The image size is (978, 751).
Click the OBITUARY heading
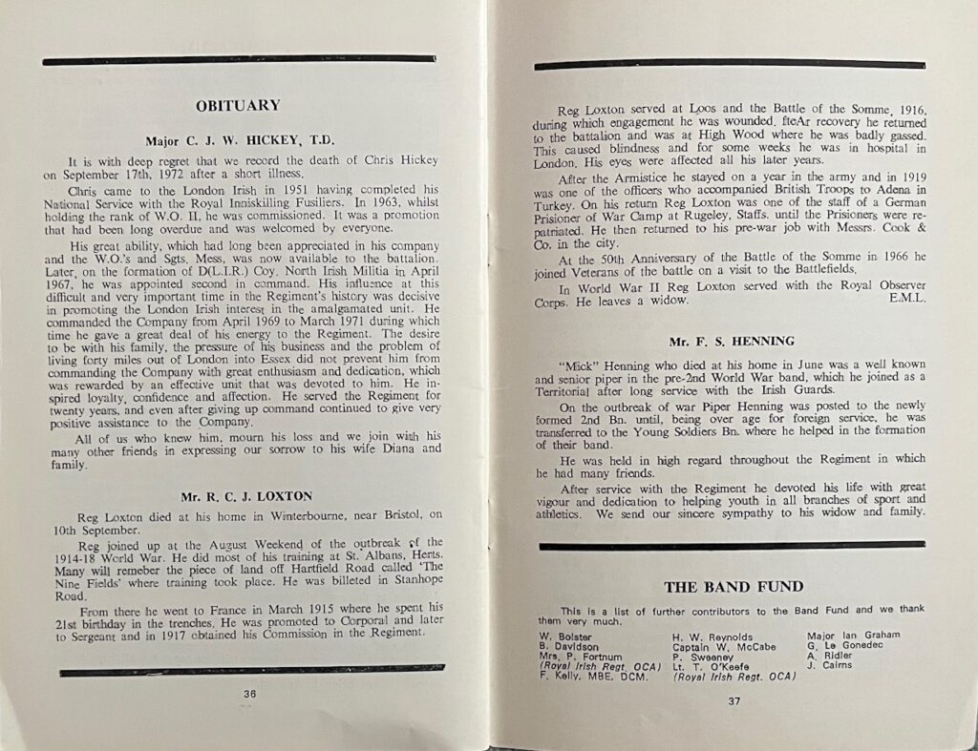pos(238,106)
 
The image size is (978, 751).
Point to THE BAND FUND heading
pos(733,587)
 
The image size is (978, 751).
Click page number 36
pos(249,694)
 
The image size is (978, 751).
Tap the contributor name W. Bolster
pos(565,636)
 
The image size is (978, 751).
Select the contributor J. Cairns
pos(829,666)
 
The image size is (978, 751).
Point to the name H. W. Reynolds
pos(712,636)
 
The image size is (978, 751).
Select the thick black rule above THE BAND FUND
pos(732,545)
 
